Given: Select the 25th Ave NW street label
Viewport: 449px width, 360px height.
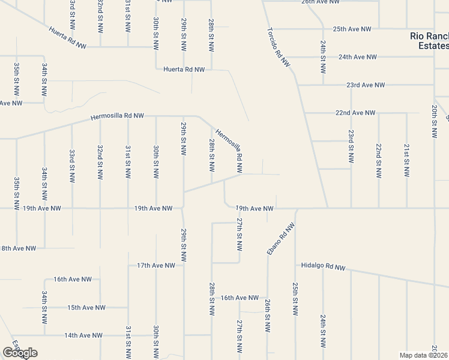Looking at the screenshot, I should [352, 29].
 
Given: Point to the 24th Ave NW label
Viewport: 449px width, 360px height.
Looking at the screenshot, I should [357, 57].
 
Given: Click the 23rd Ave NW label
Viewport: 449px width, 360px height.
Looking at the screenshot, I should [365, 85].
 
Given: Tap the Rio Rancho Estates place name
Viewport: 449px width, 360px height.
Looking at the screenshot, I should [429, 41].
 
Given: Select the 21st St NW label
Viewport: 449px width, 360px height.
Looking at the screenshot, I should [406, 161].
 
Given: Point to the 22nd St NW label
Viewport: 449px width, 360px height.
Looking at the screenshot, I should [378, 161].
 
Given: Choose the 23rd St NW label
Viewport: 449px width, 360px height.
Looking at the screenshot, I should [351, 146].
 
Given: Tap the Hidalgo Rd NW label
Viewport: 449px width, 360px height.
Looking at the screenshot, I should [323, 266].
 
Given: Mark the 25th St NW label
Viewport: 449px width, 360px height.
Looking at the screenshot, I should [295, 299].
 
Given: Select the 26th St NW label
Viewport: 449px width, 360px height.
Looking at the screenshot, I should [268, 316].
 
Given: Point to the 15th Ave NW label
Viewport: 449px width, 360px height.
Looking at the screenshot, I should [86, 308].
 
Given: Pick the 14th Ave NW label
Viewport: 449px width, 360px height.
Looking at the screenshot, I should [83, 335].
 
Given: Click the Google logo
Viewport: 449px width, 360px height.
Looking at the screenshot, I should [19, 353].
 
